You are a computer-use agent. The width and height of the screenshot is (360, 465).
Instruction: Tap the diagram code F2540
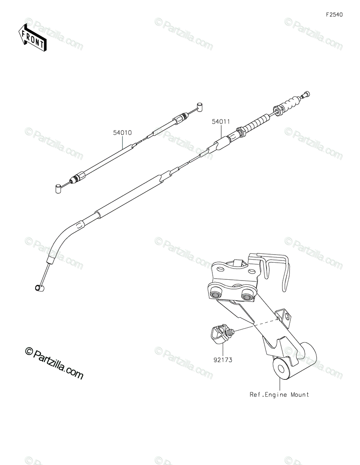[x=334, y=15]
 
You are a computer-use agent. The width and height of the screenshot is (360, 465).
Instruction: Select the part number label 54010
[x=122, y=133]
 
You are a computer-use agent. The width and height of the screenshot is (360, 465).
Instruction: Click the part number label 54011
[x=221, y=121]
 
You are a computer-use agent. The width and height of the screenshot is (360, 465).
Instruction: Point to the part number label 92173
[x=222, y=360]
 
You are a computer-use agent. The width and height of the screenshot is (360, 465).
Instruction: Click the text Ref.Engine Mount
[x=279, y=394]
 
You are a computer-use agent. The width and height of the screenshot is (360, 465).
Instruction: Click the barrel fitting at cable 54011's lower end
[x=38, y=288]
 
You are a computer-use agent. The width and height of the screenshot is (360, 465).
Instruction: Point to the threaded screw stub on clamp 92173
[x=231, y=332]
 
